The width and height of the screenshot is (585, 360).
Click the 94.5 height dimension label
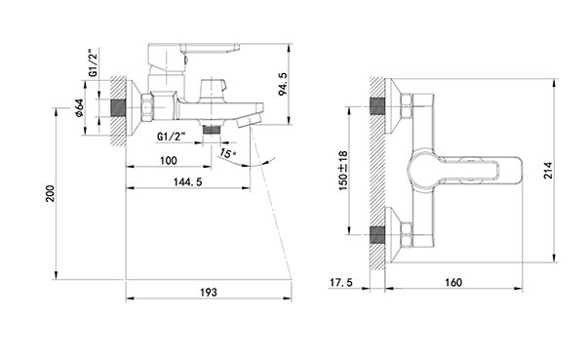[284, 84]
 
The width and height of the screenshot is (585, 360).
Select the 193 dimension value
[209, 292]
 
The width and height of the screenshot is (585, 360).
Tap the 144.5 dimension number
[187, 181]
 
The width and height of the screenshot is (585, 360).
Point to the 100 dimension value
[169, 161]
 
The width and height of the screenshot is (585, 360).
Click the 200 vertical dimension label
[50, 193]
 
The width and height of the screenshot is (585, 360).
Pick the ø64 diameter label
[79, 108]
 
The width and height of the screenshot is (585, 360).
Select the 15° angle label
[227, 153]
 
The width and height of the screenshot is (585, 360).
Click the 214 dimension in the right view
[548, 171]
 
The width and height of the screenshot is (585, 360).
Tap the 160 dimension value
[453, 282]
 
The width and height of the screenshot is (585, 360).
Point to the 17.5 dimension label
[341, 282]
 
